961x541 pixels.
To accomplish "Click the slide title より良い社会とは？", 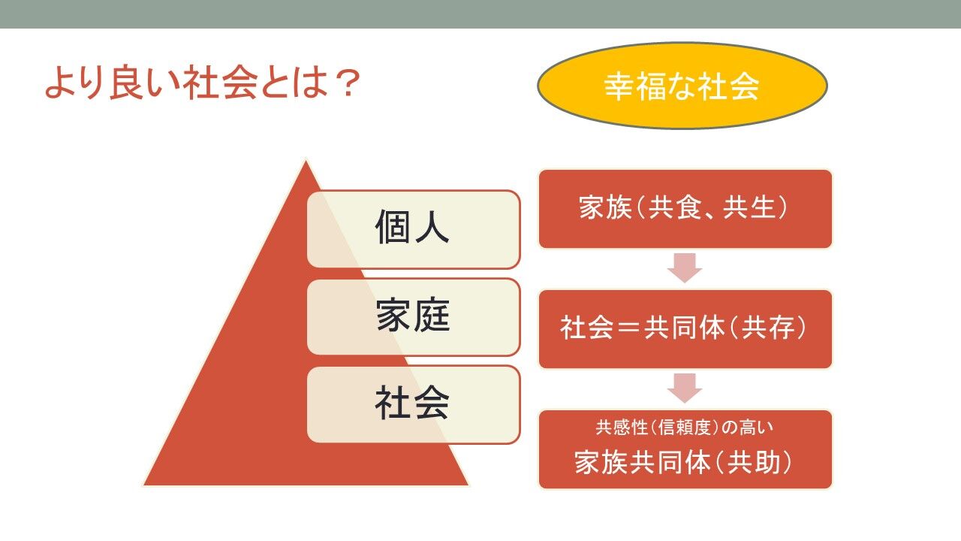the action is click(x=202, y=83).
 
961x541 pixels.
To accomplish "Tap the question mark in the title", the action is click(x=346, y=83).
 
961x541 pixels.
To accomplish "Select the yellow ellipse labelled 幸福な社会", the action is click(x=682, y=86).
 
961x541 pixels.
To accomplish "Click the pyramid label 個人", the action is click(x=412, y=227).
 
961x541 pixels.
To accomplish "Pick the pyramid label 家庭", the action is click(x=413, y=315).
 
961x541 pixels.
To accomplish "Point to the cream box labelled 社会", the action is click(x=414, y=404).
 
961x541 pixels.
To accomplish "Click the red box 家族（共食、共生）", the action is click(x=685, y=209).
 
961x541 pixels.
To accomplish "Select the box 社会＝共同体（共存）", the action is click(x=685, y=329).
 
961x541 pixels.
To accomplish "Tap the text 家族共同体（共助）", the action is click(x=682, y=462).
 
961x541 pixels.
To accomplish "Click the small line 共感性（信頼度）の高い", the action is click(x=684, y=428).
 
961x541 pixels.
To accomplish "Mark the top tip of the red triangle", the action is click(x=306, y=161).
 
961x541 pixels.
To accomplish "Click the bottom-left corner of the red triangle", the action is click(x=144, y=485).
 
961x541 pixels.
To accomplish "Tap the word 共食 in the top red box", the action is click(x=675, y=207).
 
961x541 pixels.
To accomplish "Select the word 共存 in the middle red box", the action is click(x=768, y=328).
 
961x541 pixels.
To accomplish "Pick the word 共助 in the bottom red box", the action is click(x=753, y=462).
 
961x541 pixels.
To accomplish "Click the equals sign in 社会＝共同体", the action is click(x=628, y=328).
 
